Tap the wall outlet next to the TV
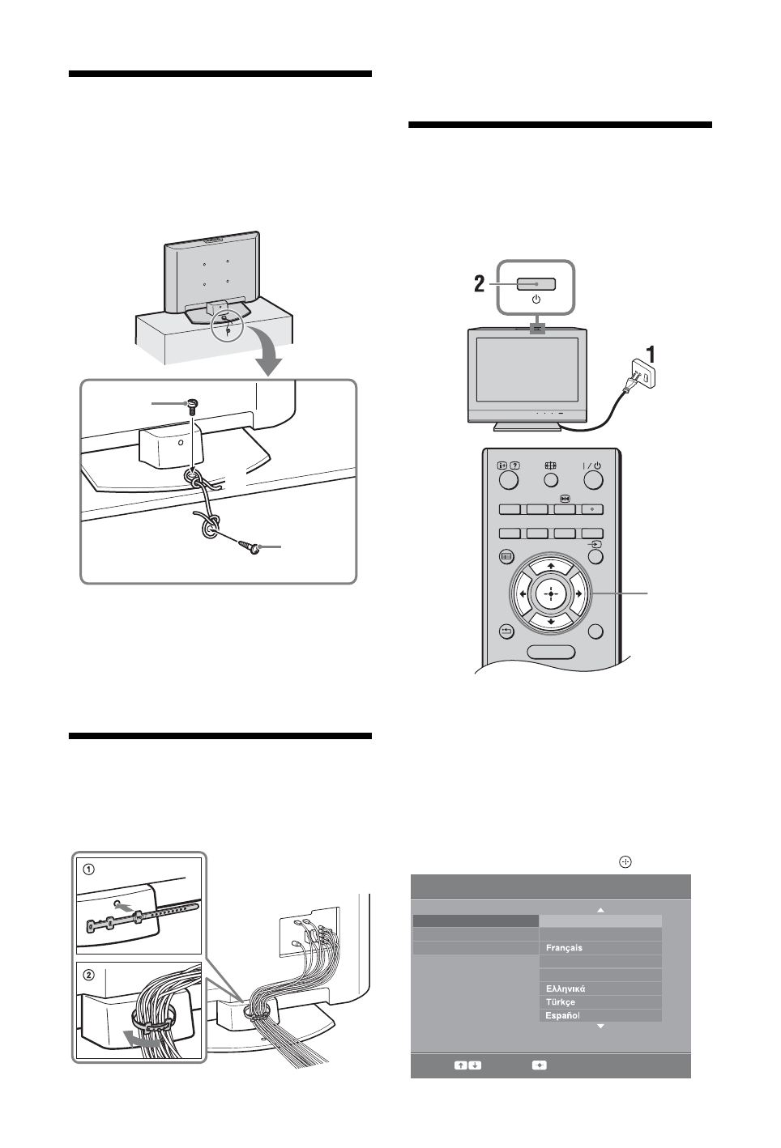[643, 374]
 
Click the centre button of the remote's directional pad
[550, 593]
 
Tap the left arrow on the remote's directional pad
[523, 593]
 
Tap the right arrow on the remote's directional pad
[578, 593]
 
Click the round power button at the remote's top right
[594, 480]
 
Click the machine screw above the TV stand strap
[191, 405]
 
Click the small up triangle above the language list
[600, 911]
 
